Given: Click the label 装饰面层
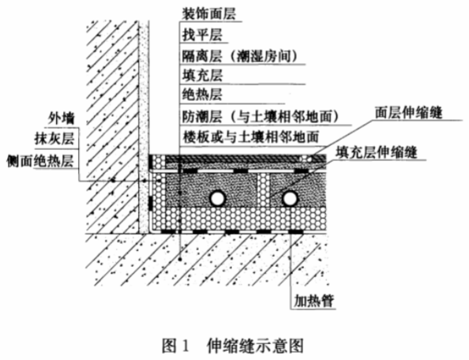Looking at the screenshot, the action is point(209,14).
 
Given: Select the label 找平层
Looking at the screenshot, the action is point(202,36).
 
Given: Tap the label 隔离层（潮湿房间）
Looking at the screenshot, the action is point(240,56).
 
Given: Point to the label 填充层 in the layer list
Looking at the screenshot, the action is point(202,75).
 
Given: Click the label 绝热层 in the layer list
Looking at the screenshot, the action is point(202,95).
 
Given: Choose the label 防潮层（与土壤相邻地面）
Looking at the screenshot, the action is point(261,117).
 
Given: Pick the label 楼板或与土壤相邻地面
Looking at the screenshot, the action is point(250,137).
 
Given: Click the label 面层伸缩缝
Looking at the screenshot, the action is point(408,113).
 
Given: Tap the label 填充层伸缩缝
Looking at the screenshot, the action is point(376,152).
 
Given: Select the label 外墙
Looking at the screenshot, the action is point(62,118).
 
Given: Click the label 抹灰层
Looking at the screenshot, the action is point(54,139).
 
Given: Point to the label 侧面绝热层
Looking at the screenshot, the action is point(40,162).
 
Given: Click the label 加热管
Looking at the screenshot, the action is point(313,301).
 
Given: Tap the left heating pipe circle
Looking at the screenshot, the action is point(217,198).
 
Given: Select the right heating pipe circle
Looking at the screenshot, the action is point(290,198).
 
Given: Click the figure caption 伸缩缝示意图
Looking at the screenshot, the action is point(255,346).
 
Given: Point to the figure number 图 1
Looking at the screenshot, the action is point(175,346).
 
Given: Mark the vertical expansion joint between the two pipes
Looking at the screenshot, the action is point(264,189).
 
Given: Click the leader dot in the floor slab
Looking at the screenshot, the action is point(180,259).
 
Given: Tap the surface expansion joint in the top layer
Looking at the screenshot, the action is point(306,159).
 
